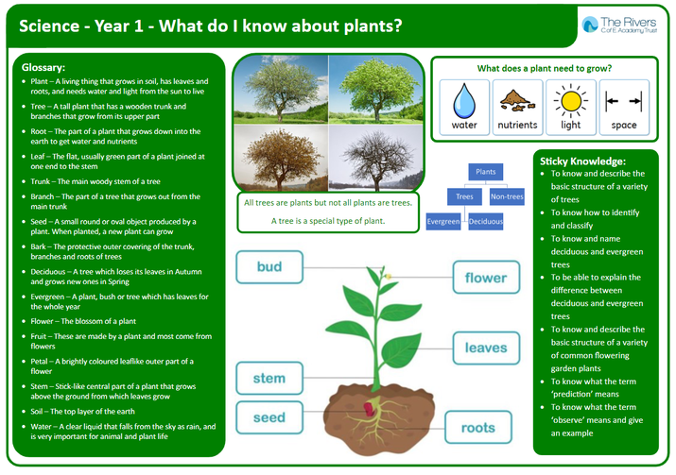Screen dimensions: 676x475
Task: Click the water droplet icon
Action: (464, 101)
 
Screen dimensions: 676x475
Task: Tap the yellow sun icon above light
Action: (571, 101)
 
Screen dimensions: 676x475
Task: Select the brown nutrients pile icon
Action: (517, 100)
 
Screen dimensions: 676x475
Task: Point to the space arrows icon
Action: (623, 101)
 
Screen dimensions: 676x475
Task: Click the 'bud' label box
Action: (269, 267)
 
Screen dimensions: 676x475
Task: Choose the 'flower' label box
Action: (486, 278)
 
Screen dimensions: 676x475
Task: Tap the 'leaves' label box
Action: (486, 348)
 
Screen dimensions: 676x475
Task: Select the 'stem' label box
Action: (269, 378)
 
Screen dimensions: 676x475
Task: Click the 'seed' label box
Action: (269, 417)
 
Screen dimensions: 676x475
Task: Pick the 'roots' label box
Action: (478, 427)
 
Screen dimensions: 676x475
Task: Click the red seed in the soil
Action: (369, 409)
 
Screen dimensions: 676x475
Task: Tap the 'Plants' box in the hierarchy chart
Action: (485, 172)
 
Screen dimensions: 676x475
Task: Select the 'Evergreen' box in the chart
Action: (443, 221)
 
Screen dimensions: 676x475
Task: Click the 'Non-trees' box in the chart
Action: (507, 196)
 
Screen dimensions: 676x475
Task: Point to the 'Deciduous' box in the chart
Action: (485, 221)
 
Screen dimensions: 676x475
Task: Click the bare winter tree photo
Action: (376, 158)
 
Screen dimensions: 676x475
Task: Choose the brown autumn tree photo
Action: (281, 158)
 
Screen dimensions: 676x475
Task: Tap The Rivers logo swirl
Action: (590, 25)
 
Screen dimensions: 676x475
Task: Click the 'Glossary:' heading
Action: (43, 68)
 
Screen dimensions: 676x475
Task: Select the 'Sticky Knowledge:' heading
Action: (582, 161)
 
